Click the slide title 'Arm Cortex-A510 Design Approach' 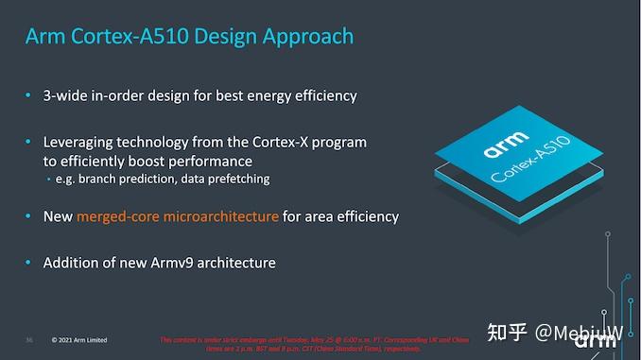[189, 37]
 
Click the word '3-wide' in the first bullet [65, 95]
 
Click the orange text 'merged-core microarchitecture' [178, 216]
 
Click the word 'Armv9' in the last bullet [169, 262]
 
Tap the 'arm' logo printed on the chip [502, 147]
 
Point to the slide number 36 [29, 340]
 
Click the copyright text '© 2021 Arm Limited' [79, 340]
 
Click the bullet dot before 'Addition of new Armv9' [28, 262]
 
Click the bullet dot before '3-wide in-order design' [28, 95]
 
